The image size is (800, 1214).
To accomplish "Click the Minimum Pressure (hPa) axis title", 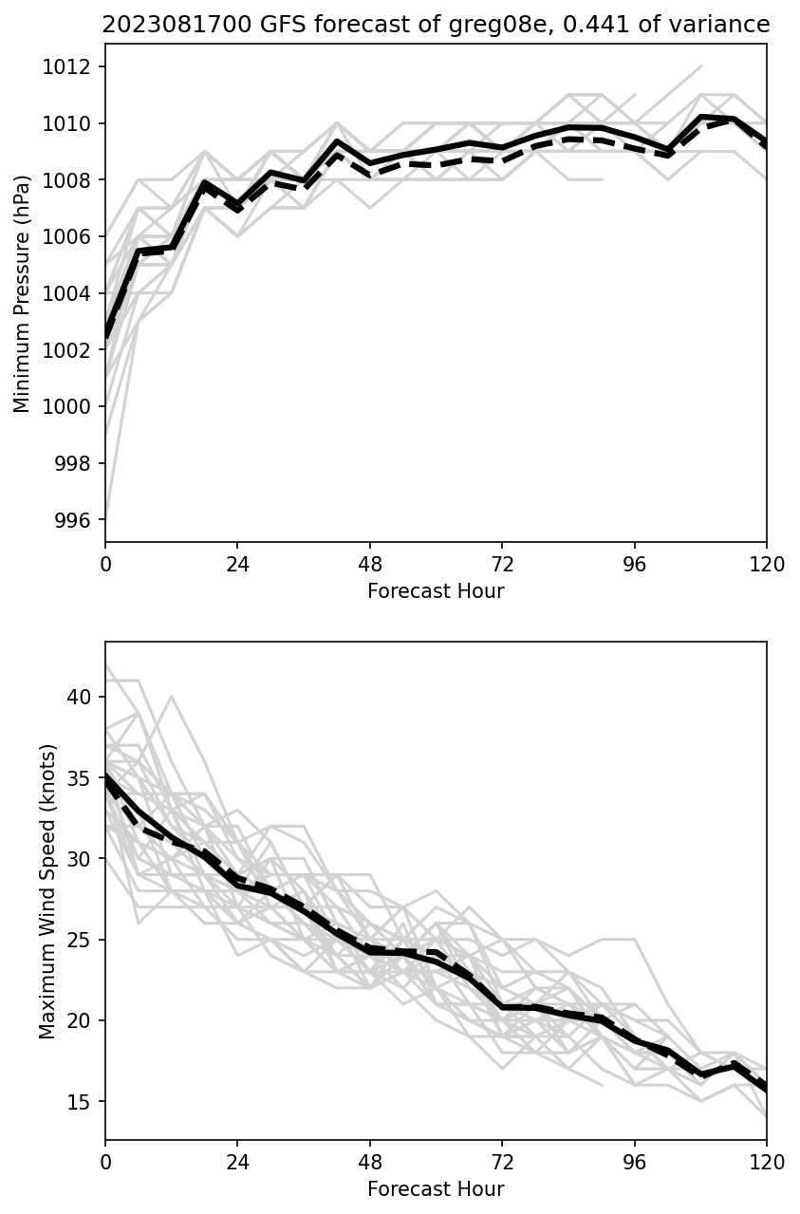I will pyautogui.click(x=22, y=292).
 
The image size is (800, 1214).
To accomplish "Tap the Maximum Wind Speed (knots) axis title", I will pyautogui.click(x=47, y=890).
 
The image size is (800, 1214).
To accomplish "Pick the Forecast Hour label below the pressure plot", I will pyautogui.click(x=436, y=591).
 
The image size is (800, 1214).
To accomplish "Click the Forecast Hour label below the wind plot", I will pyautogui.click(x=436, y=1189).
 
